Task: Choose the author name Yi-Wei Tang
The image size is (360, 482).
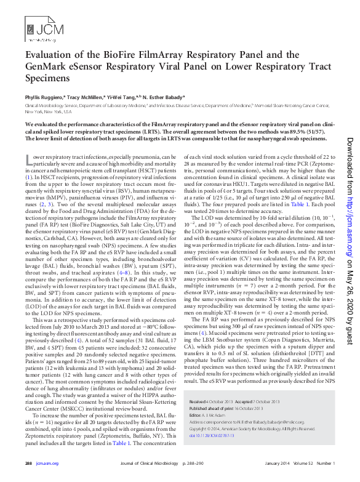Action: (x=122, y=97)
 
